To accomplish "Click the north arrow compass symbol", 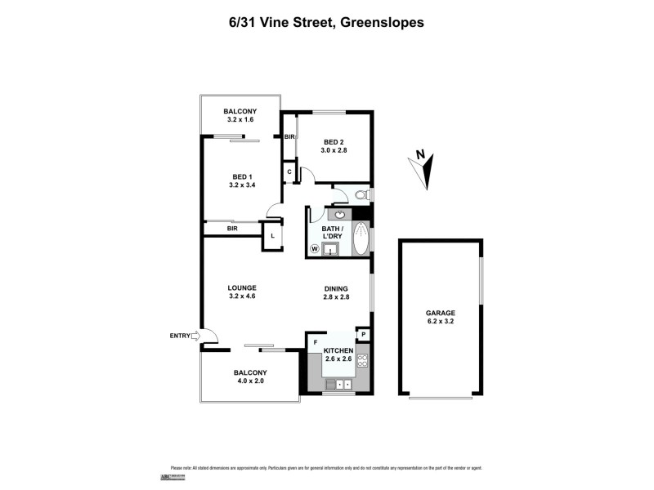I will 423,167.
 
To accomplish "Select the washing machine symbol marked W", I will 314,249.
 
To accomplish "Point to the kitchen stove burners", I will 363,359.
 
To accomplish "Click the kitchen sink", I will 338,382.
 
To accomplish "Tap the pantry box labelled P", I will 364,335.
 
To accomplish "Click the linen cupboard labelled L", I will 272,235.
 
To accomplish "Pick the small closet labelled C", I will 289,171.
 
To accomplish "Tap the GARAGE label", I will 440,313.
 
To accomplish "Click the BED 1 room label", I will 241,176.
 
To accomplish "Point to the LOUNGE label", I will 243,287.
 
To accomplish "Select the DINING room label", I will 336,288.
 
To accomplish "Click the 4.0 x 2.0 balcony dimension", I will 250,381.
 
